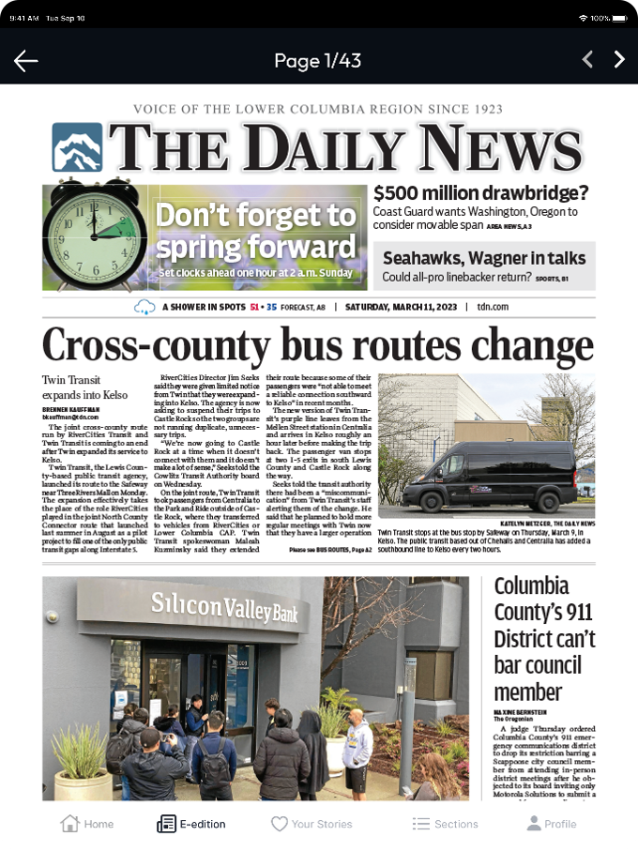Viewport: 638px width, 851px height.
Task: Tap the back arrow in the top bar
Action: click(26, 61)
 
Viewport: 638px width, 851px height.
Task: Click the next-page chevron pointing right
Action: click(618, 60)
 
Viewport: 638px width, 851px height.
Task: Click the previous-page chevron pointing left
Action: click(587, 60)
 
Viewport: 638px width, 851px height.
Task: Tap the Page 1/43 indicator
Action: click(317, 61)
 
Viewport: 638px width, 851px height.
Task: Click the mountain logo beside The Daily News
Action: click(77, 148)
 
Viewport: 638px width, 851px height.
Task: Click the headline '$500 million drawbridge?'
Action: click(480, 193)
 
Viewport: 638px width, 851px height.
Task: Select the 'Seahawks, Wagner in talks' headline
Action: click(484, 258)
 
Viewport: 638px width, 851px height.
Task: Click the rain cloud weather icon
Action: click(145, 307)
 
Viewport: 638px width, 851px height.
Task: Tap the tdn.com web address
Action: click(492, 307)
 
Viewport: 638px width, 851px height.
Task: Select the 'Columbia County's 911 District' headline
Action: click(544, 638)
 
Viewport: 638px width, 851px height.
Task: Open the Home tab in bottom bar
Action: click(87, 824)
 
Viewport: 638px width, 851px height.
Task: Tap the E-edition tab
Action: click(191, 824)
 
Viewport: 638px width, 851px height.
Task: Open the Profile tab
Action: click(551, 824)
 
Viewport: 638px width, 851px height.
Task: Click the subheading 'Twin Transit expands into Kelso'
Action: click(84, 388)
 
